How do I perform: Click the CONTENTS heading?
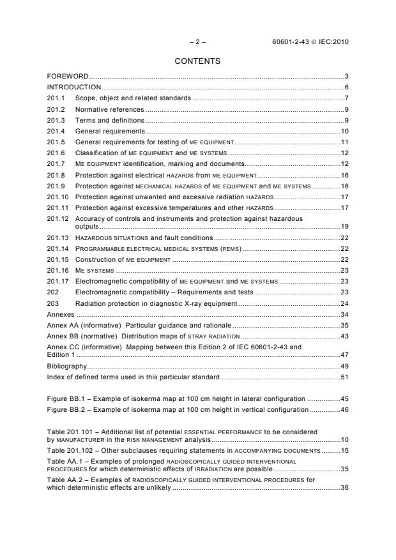point(197,61)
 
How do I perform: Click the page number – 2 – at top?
point(197,42)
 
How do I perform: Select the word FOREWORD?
point(68,77)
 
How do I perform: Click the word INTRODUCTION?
point(74,87)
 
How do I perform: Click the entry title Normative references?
point(109,109)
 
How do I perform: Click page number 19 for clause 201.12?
point(343,225)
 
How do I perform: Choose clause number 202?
point(53,291)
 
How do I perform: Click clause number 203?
point(53,303)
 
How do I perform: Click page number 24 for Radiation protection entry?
point(343,303)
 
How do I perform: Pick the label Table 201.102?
point(70,451)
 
